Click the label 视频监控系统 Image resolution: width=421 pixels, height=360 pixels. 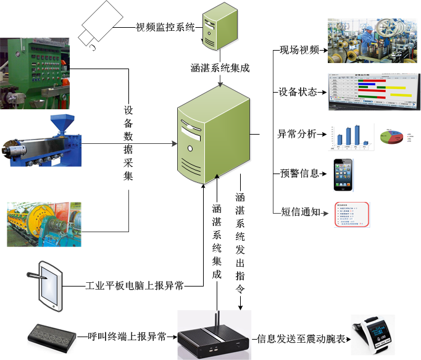pos(165,27)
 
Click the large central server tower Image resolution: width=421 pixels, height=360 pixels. pos(212,135)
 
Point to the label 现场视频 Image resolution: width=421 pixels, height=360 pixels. pos(299,50)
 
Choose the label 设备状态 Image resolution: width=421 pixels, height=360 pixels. pos(298,92)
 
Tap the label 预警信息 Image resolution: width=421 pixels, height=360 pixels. pos(299,174)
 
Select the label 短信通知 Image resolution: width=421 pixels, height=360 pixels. pos(299,212)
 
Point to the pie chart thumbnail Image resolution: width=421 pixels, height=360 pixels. pos(393,137)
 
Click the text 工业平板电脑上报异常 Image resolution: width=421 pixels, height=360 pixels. pos(135,287)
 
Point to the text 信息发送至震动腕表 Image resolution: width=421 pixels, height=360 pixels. pos(301,338)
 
